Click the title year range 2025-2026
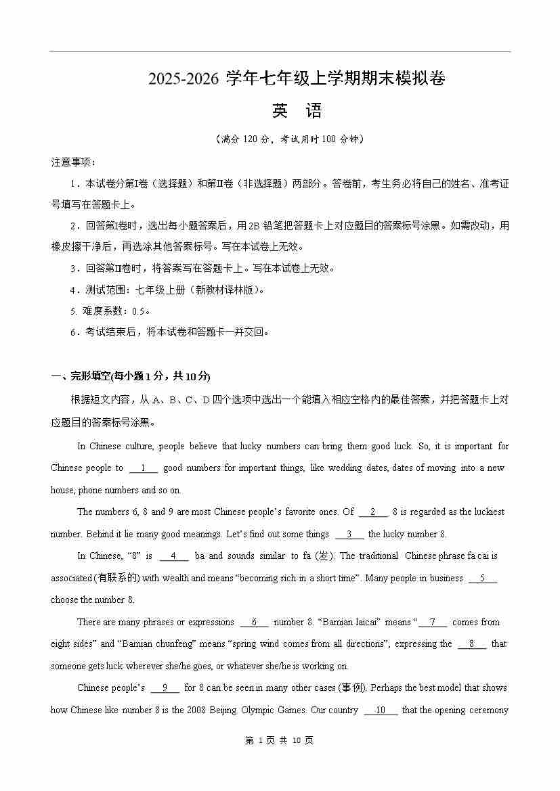pos(184,80)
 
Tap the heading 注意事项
pos(73,162)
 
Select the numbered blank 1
pos(144,468)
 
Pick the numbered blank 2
pos(373,512)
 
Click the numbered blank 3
pos(349,534)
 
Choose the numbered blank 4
pos(174,556)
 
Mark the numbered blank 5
pos(483,578)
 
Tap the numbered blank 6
pos(255,622)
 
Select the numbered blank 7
pos(433,622)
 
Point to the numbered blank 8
pos(472,643)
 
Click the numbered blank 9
pos(165,688)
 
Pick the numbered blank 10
pos(381,710)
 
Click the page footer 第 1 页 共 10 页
pos(279,741)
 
